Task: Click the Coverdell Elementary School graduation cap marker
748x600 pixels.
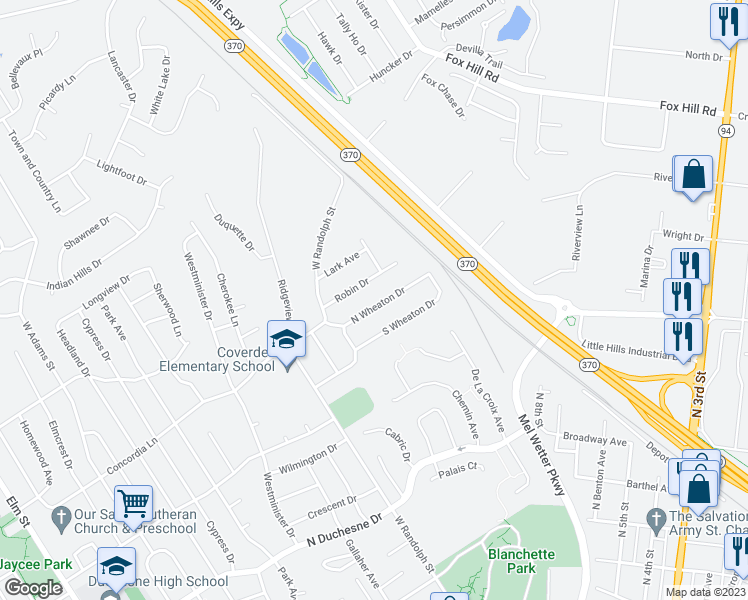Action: [x=287, y=340]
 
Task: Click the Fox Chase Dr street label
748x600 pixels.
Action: [x=444, y=95]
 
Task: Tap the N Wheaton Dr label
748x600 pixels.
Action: [x=377, y=306]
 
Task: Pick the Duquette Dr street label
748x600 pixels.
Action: [x=235, y=232]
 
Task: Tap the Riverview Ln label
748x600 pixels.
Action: [x=577, y=233]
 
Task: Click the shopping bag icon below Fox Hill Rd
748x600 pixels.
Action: [x=692, y=175]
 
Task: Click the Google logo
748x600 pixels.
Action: [x=34, y=588]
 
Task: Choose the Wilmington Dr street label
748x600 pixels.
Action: [x=308, y=460]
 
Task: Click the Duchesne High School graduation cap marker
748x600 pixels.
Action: [x=116, y=566]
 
